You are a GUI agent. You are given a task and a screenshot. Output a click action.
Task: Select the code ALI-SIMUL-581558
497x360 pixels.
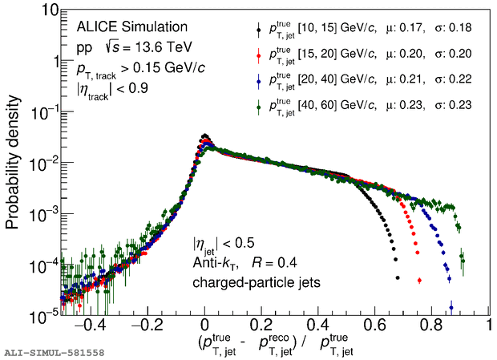(54, 352)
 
